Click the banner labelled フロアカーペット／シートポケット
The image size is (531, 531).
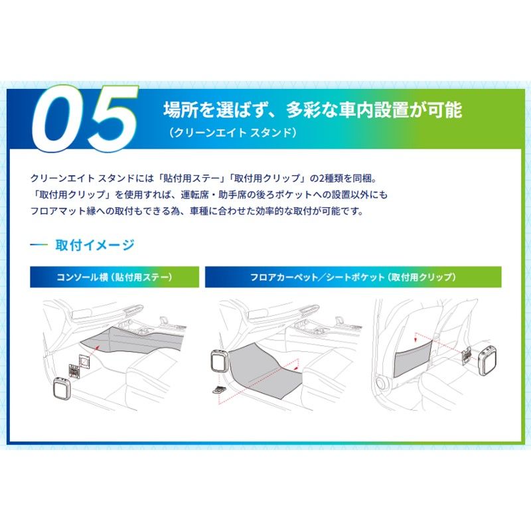click(352, 277)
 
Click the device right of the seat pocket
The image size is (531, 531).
click(489, 354)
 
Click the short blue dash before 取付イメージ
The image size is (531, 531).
click(39, 245)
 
